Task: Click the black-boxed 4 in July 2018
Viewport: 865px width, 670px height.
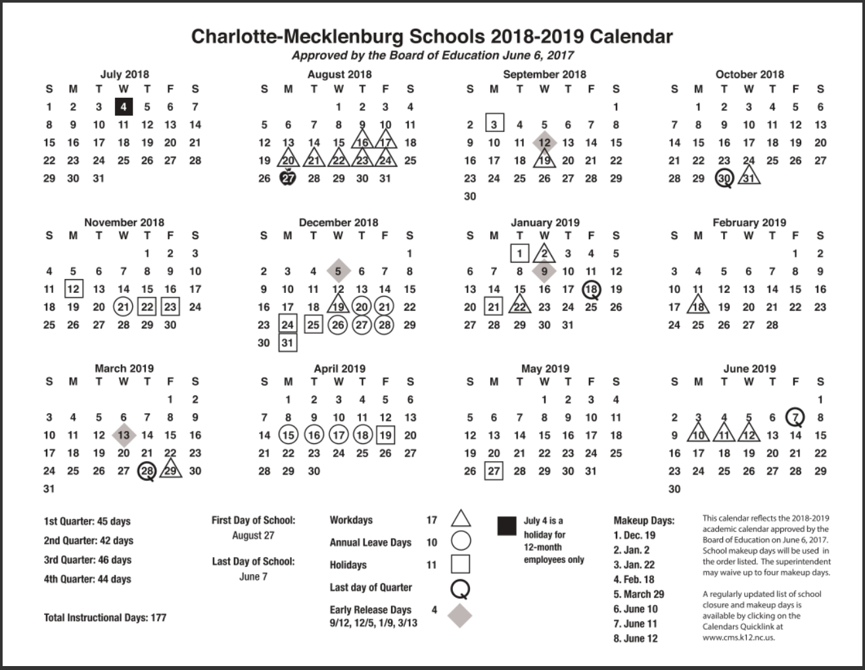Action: (124, 106)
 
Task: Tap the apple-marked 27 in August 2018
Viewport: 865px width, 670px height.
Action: (288, 178)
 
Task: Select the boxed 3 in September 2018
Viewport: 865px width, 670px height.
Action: (494, 124)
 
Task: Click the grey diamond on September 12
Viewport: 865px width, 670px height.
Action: (544, 142)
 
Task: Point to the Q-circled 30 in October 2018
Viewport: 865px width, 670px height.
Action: (724, 178)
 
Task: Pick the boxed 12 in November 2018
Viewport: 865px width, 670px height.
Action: (73, 288)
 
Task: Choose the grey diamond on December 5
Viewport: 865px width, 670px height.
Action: (338, 271)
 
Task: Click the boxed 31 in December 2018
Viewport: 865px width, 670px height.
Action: (287, 342)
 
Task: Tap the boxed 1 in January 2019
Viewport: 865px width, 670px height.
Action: (519, 253)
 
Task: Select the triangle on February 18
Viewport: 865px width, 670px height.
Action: (698, 306)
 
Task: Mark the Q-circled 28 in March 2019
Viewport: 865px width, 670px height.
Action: (147, 471)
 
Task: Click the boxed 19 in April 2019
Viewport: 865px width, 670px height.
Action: (385, 435)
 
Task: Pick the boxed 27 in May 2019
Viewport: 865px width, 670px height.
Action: (494, 471)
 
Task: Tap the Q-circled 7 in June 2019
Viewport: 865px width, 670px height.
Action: (795, 417)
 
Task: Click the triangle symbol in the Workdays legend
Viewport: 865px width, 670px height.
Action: (461, 519)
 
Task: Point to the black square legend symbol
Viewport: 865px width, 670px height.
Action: (507, 526)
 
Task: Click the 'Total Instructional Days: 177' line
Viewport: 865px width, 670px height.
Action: (105, 617)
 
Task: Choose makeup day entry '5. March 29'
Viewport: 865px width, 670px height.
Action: (639, 594)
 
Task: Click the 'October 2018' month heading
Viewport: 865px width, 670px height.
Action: (749, 74)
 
